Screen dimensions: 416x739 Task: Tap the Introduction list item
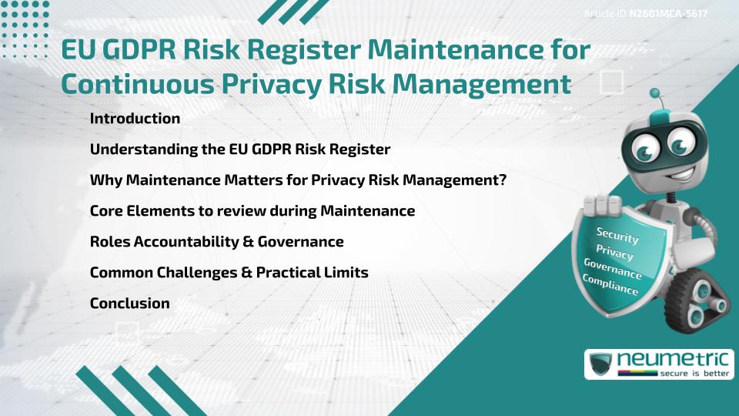point(135,119)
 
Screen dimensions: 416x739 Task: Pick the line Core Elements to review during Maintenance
point(252,211)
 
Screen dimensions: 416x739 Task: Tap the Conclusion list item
point(129,304)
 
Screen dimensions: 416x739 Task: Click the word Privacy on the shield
point(614,253)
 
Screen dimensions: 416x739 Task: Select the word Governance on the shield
point(612,269)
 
